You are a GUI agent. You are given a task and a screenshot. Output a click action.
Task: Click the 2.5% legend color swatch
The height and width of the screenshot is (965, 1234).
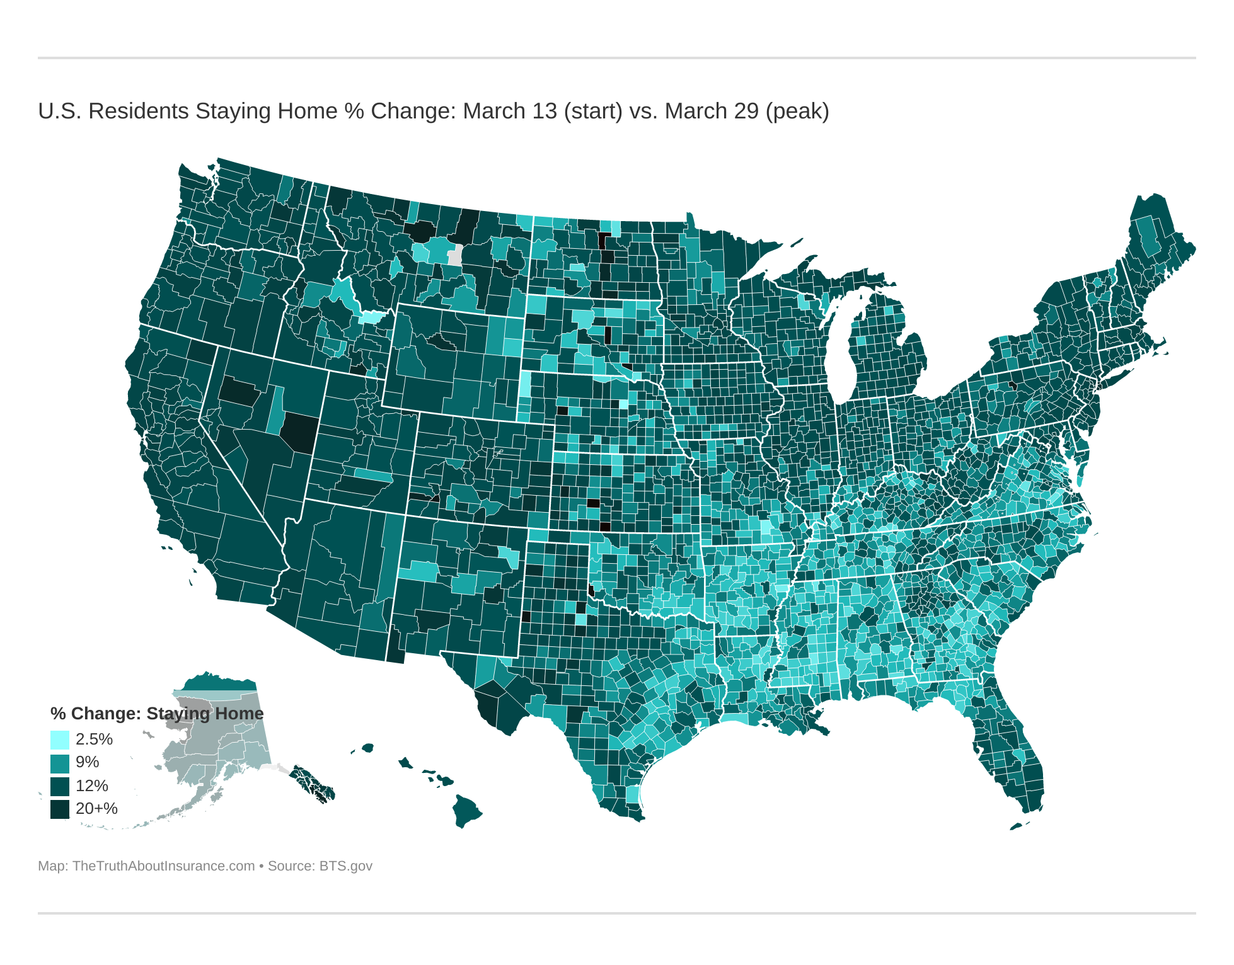coord(59,739)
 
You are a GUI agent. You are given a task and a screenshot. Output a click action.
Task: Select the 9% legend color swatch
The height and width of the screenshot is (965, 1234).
coord(59,762)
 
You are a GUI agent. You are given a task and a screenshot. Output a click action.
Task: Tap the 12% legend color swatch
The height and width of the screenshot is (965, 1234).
coord(59,785)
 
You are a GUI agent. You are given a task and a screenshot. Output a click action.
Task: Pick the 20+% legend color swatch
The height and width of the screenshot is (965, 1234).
coord(59,809)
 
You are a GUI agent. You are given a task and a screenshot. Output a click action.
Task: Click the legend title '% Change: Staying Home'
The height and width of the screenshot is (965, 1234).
coord(157,713)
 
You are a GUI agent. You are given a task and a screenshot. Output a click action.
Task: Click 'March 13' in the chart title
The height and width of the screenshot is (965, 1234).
coord(510,111)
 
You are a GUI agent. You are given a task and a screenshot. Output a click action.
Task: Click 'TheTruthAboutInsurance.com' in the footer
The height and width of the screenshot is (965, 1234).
coord(163,865)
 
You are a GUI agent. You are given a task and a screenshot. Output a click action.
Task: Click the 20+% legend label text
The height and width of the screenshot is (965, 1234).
coord(96,809)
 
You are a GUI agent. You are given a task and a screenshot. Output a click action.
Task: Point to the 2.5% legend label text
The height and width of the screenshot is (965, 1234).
coord(94,739)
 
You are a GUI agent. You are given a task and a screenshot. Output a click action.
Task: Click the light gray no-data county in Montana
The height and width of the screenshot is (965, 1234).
coord(454,256)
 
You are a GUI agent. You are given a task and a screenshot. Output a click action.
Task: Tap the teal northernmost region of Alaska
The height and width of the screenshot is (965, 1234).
coord(217,683)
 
